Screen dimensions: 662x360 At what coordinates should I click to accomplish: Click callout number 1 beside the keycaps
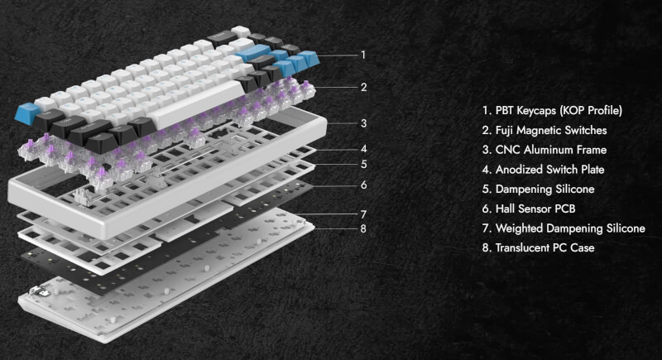coord(363,55)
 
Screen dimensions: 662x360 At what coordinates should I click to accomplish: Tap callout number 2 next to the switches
coord(363,88)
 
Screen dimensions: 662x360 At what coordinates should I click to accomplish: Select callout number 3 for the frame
coord(363,123)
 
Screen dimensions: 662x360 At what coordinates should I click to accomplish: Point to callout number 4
coord(364,149)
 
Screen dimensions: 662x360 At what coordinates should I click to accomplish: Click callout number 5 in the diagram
coord(364,164)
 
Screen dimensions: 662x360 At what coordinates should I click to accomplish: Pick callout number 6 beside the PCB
coord(364,185)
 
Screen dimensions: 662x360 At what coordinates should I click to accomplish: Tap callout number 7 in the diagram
coord(363,214)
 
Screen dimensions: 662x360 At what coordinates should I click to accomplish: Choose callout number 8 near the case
coord(363,228)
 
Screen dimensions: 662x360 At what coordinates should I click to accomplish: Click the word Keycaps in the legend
coord(536,111)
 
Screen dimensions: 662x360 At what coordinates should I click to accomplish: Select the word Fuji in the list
coord(504,131)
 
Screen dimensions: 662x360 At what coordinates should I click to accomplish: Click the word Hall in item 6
coord(505,209)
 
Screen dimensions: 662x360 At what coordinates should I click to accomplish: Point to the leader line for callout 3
coord(341,123)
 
